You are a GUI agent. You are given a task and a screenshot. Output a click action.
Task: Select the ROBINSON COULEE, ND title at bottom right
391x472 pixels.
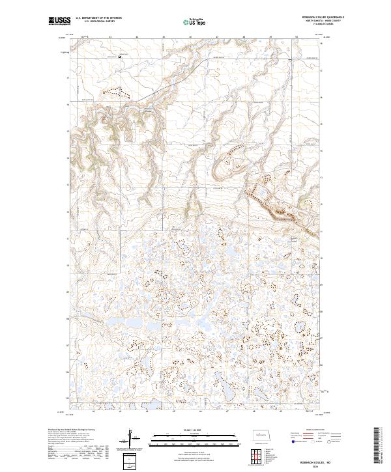319,460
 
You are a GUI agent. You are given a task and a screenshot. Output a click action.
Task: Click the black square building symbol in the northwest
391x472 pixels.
119,57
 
